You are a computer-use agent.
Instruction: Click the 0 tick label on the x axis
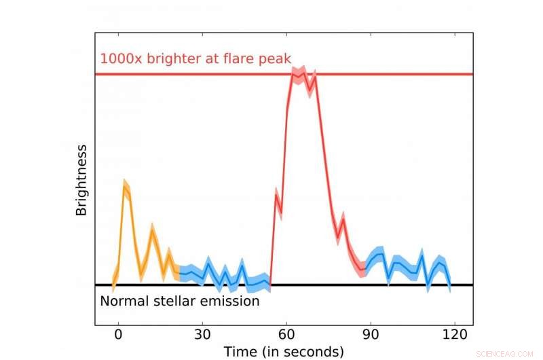click(x=118, y=335)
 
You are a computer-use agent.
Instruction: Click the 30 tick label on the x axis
click(x=202, y=335)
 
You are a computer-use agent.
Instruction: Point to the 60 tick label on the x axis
click(x=286, y=335)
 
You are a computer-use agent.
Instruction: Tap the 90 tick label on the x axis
click(x=370, y=335)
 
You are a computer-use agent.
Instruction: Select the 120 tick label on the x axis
click(x=453, y=335)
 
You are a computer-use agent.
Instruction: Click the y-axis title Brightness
click(x=81, y=180)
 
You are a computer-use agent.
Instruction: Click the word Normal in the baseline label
click(x=121, y=300)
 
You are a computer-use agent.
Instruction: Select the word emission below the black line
click(x=229, y=300)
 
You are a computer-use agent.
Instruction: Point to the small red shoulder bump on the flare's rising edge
click(x=277, y=197)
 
